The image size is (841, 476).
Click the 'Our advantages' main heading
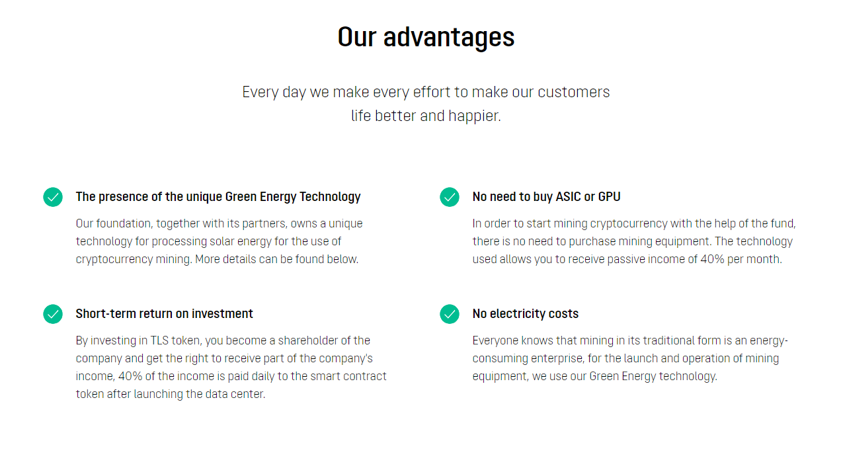point(426,38)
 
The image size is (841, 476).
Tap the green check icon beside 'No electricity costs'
point(450,314)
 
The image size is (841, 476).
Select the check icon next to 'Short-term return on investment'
point(53,314)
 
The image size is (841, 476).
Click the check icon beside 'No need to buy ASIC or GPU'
point(450,197)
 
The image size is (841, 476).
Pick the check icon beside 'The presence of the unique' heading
point(53,197)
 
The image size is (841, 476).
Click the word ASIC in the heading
point(568,197)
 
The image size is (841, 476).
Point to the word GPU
point(609,197)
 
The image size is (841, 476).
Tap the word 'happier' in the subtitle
point(475,116)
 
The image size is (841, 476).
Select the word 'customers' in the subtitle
point(574,93)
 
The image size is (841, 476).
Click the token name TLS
point(159,340)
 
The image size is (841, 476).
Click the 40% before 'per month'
point(712,259)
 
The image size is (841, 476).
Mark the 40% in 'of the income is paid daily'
point(130,376)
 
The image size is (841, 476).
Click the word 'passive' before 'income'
point(626,259)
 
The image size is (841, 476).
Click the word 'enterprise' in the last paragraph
point(557,359)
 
